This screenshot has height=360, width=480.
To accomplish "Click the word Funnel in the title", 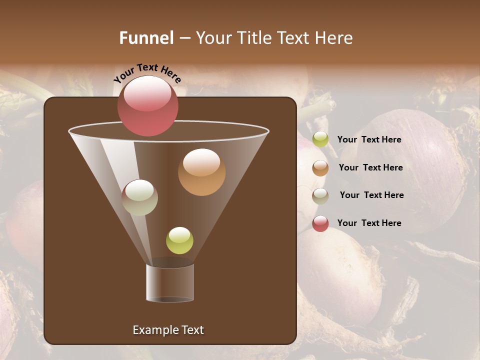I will coord(146,38).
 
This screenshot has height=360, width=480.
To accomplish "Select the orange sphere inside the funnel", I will coord(201,172).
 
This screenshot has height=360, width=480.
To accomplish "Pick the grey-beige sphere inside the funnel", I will coord(139,197).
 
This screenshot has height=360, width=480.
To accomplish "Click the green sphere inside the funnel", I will coord(179,240).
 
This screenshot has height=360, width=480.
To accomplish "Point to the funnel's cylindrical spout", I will coord(170,283).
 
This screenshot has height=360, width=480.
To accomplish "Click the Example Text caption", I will coord(168,330).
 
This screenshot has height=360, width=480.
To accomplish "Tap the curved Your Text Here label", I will coord(147,73).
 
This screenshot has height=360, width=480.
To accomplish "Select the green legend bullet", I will coord(320,139).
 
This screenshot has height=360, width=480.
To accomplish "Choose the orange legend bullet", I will coord(320,168).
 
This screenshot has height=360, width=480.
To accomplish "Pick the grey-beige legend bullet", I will coord(320,196).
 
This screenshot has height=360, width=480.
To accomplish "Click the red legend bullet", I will coord(320,223).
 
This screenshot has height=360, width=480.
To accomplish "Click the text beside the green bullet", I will coord(369,140).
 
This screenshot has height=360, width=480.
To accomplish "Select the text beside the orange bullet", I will coord(370,167).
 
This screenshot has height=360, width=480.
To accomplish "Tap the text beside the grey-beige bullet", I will coord(371,195).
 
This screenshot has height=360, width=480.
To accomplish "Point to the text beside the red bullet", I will coord(369,223).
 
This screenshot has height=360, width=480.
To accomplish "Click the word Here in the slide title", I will coord(334,38).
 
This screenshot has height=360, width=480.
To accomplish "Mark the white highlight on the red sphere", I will coord(147,94).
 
